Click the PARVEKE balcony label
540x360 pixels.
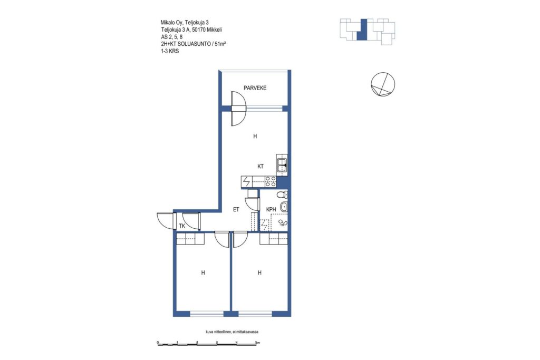click(255, 88)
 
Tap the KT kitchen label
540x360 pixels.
click(261, 167)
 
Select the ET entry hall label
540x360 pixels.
click(236, 209)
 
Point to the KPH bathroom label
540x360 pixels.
click(271, 209)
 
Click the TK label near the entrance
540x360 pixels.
click(182, 226)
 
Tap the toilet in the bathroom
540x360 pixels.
click(283, 194)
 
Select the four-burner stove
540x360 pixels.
click(271, 181)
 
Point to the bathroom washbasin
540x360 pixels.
click(284, 207)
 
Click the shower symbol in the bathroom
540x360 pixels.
click(283, 223)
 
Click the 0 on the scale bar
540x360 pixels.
click(157, 343)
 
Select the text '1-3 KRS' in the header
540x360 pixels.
click(170, 51)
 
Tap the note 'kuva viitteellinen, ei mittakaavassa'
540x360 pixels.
click(232, 332)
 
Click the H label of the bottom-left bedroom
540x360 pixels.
click(203, 273)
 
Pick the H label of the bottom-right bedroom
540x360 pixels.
click(259, 273)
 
